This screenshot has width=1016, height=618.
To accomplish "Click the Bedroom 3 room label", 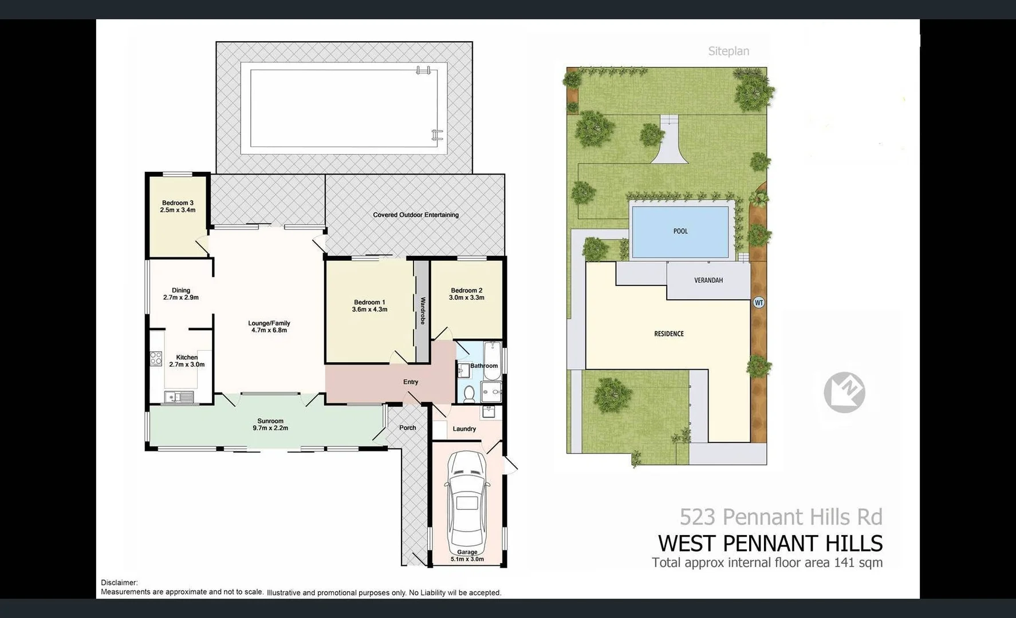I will pyautogui.click(x=178, y=207).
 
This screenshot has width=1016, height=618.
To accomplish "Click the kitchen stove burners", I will pyautogui.click(x=156, y=359).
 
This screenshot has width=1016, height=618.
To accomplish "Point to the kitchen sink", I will pyautogui.click(x=178, y=397).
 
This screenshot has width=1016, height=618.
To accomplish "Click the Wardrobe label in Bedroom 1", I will pyautogui.click(x=423, y=311).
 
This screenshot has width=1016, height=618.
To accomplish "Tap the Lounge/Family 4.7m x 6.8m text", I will pyautogui.click(x=269, y=327).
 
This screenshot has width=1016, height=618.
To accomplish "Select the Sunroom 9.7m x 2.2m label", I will pyautogui.click(x=270, y=425).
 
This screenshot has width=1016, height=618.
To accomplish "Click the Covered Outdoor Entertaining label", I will pyautogui.click(x=416, y=215).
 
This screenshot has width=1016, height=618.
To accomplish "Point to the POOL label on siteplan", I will pyautogui.click(x=680, y=231).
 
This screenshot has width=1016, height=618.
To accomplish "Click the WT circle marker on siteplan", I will pyautogui.click(x=759, y=303).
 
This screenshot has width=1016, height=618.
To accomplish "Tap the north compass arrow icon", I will pyautogui.click(x=844, y=392).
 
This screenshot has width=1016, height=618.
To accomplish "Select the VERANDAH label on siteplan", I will pyautogui.click(x=708, y=280).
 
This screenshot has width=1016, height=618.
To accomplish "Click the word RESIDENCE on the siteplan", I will pyautogui.click(x=669, y=334).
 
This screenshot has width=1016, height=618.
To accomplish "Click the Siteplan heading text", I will pyautogui.click(x=728, y=51).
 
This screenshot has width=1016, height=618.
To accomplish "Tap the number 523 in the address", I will pyautogui.click(x=697, y=517).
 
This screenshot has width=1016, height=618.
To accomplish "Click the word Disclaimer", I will pyautogui.click(x=119, y=583).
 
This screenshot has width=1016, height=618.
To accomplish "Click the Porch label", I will pyautogui.click(x=407, y=428).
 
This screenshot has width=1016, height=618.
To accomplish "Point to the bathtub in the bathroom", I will pyautogui.click(x=492, y=360).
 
